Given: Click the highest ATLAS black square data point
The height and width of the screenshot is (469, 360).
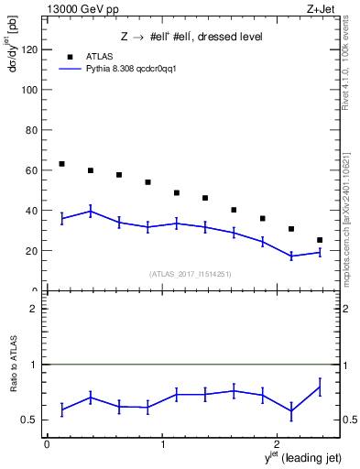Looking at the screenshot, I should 61,164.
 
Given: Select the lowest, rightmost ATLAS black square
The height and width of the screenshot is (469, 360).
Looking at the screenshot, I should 320,240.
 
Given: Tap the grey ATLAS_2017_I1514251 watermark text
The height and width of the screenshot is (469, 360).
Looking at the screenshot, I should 191,273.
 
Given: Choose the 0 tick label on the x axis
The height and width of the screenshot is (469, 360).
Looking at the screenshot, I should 47,445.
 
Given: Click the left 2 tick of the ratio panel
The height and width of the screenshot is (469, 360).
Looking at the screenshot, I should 32,309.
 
